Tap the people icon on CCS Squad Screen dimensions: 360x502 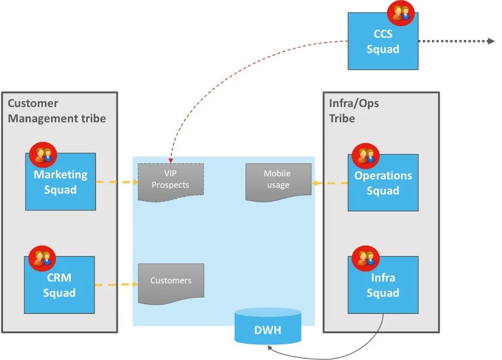[x=400, y=13]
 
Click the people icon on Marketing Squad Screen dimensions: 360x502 [x=42, y=154]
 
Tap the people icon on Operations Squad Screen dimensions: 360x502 [x=365, y=155]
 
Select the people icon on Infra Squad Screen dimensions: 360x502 [x=365, y=258]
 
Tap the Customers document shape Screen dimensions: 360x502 [x=171, y=282]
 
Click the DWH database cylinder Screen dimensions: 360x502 [x=268, y=326]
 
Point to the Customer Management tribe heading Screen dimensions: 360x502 [x=56, y=111]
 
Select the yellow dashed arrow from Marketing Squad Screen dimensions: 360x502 [x=117, y=182]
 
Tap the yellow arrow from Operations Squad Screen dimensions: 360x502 [x=330, y=183]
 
